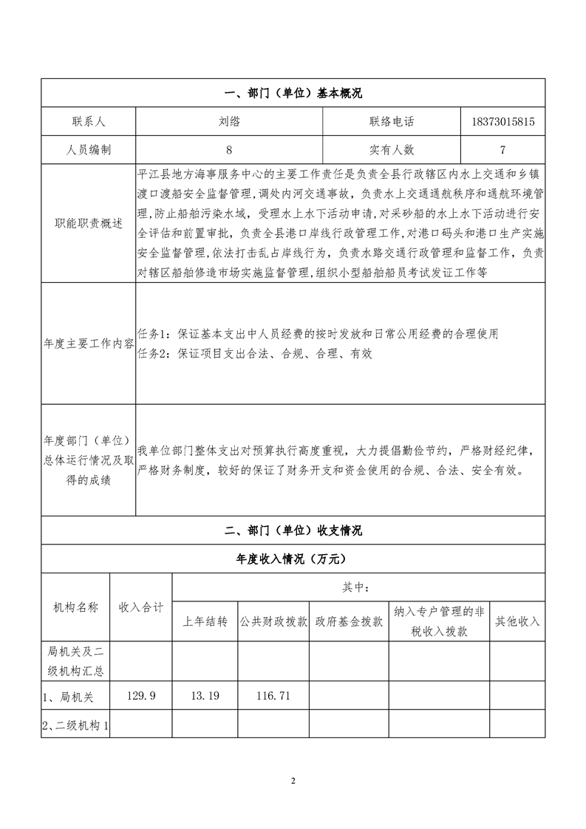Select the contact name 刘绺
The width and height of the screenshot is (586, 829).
[229, 120]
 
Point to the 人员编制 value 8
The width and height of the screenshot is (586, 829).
[229, 149]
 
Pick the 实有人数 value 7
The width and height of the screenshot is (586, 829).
[502, 149]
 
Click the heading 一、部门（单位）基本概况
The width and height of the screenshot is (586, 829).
[293, 93]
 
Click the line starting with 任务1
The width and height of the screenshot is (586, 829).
[318, 334]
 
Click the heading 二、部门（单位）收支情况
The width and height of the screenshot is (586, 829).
[293, 531]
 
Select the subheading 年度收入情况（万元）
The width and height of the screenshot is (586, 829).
[293, 559]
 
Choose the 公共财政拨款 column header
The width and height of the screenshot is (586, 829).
[273, 621]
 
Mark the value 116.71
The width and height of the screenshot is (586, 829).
[273, 695]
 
